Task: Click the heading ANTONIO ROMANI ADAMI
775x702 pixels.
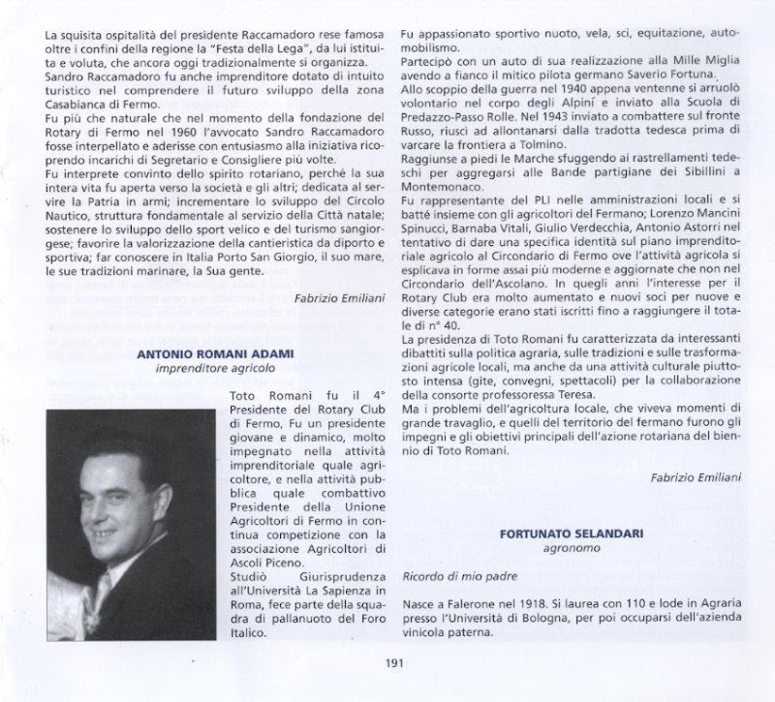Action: point(215,354)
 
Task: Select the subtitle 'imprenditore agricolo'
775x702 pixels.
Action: point(215,369)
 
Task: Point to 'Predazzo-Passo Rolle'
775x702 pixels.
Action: point(462,116)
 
